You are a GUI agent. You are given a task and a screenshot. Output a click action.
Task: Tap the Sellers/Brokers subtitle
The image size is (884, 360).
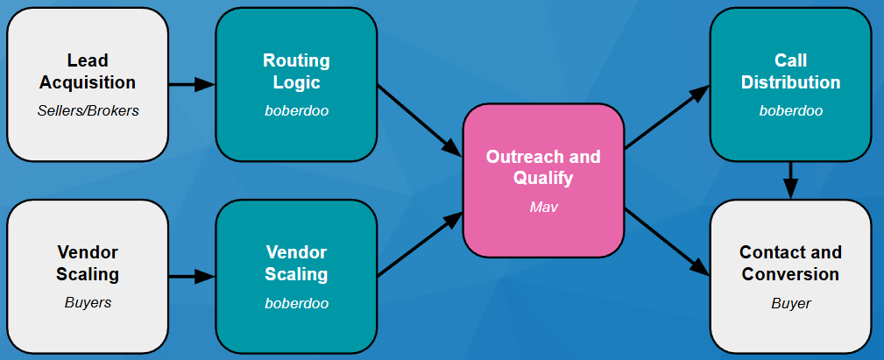coord(88,111)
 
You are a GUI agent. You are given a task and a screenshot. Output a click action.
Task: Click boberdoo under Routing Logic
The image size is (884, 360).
coord(296,111)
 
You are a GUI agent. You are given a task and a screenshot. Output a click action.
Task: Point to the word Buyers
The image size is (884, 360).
coord(88,303)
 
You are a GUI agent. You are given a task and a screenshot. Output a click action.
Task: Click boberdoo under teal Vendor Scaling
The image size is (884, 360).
coord(296,303)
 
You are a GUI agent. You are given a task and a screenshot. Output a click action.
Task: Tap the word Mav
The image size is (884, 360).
coord(543,208)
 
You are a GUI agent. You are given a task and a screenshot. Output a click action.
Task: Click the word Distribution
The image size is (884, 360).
coord(790,82)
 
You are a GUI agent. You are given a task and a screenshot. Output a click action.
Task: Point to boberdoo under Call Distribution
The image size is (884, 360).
coord(790,111)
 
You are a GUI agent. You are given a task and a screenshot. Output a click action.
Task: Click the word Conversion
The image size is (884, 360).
coord(790,274)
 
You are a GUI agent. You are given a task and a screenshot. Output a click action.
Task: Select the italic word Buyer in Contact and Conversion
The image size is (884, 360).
coord(790,303)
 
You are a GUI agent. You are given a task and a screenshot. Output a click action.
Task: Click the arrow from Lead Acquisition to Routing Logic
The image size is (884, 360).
coord(191,84)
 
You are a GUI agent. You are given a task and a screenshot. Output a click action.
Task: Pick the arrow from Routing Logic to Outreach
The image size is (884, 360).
coord(419,119)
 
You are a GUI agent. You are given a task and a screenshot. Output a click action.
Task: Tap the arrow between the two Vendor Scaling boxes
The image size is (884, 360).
coord(191,277)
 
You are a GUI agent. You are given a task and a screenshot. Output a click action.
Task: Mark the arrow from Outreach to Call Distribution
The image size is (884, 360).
coord(667,117)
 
